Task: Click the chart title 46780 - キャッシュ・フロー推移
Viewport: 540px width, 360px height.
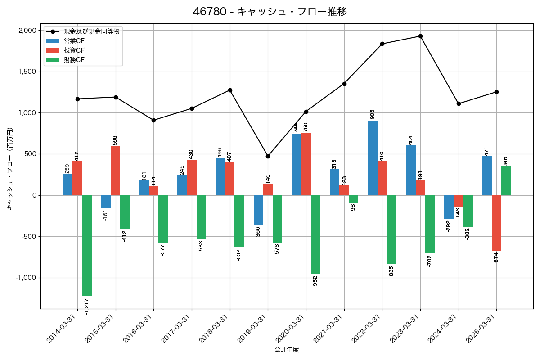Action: pyautogui.click(x=270, y=12)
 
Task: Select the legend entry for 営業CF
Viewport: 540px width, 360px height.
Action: pyautogui.click(x=74, y=41)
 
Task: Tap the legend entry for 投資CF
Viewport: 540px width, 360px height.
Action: pyautogui.click(x=74, y=50)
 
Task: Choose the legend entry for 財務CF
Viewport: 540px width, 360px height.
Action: pyautogui.click(x=74, y=60)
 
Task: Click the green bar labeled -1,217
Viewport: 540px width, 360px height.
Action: pyautogui.click(x=87, y=245)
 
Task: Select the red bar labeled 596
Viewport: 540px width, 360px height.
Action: pyautogui.click(x=116, y=171)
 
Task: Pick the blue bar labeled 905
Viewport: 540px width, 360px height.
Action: pyautogui.click(x=373, y=158)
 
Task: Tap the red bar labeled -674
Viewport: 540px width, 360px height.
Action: pyautogui.click(x=496, y=223)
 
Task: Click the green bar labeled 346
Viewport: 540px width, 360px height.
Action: pyautogui.click(x=506, y=181)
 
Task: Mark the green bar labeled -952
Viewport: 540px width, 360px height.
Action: pyautogui.click(x=315, y=234)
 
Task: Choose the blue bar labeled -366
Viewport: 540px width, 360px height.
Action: pyautogui.click(x=258, y=210)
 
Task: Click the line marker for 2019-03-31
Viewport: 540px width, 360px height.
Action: pyautogui.click(x=268, y=156)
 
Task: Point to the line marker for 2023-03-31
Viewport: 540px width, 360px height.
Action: pyautogui.click(x=420, y=36)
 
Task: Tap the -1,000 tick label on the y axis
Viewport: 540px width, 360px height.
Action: pyautogui.click(x=26, y=278)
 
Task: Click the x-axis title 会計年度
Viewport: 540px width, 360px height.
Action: pyautogui.click(x=287, y=350)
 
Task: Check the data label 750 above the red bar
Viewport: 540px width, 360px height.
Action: pyautogui.click(x=306, y=127)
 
